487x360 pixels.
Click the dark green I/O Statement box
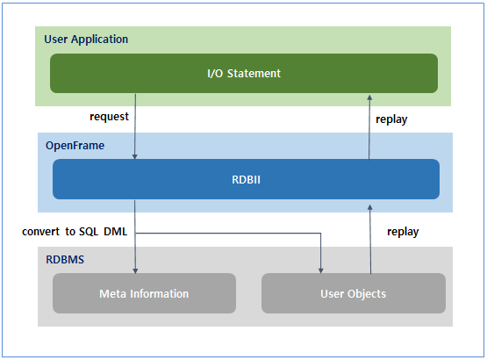pos(243,73)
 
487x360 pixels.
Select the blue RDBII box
pos(246,179)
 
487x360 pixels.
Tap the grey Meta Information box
pos(144,293)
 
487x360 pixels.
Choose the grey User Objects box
pos(354,293)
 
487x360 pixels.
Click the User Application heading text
pos(87,40)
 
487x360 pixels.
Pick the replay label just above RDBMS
pos(403,232)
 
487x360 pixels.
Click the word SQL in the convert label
pos(89,232)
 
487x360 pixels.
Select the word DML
pos(118,232)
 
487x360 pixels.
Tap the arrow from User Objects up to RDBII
pos(371,237)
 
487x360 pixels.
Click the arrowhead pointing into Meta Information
pos(135,269)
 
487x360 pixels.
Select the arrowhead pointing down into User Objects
pos(323,269)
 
